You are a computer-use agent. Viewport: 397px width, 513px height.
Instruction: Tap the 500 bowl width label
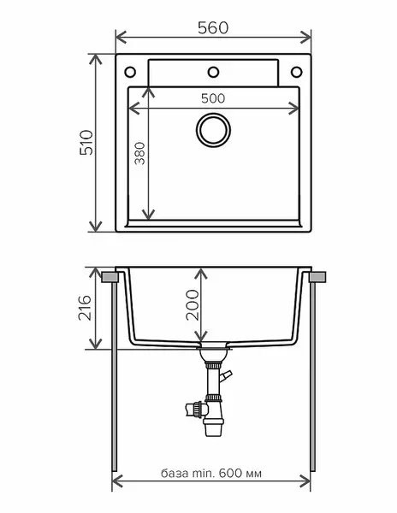[214, 97]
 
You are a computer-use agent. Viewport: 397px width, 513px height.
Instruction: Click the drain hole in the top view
[214, 129]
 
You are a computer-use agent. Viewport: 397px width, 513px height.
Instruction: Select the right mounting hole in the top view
[299, 71]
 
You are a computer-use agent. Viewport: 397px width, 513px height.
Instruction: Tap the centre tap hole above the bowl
[214, 71]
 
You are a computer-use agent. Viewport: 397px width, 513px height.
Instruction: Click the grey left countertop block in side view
[111, 277]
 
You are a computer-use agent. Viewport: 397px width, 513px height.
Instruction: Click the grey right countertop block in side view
[316, 277]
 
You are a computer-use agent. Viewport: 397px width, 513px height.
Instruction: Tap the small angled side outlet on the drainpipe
[227, 376]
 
